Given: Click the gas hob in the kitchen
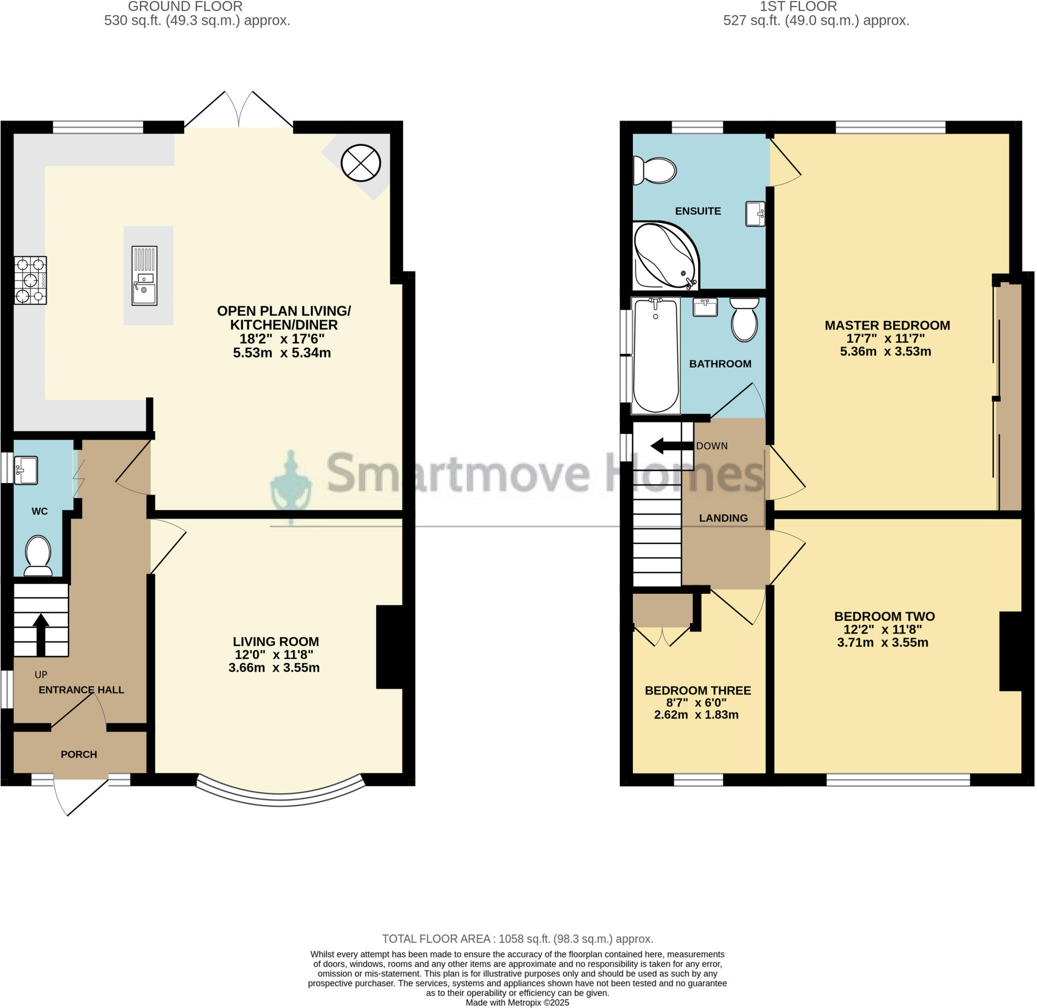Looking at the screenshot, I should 31,280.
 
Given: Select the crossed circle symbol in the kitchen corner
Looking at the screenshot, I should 361,163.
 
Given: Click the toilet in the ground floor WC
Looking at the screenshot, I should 38,556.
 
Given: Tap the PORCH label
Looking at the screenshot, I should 79,754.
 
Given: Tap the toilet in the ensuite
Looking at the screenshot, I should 655,171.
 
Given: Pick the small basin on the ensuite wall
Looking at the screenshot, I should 756,214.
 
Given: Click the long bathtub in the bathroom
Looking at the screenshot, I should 656,355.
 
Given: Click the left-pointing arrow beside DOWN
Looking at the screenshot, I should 671,446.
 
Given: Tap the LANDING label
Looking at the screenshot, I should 723,518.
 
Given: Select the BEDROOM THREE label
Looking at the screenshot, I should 698,691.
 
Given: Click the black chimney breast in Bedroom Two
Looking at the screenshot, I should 1010,651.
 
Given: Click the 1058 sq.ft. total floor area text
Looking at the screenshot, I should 517,939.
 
